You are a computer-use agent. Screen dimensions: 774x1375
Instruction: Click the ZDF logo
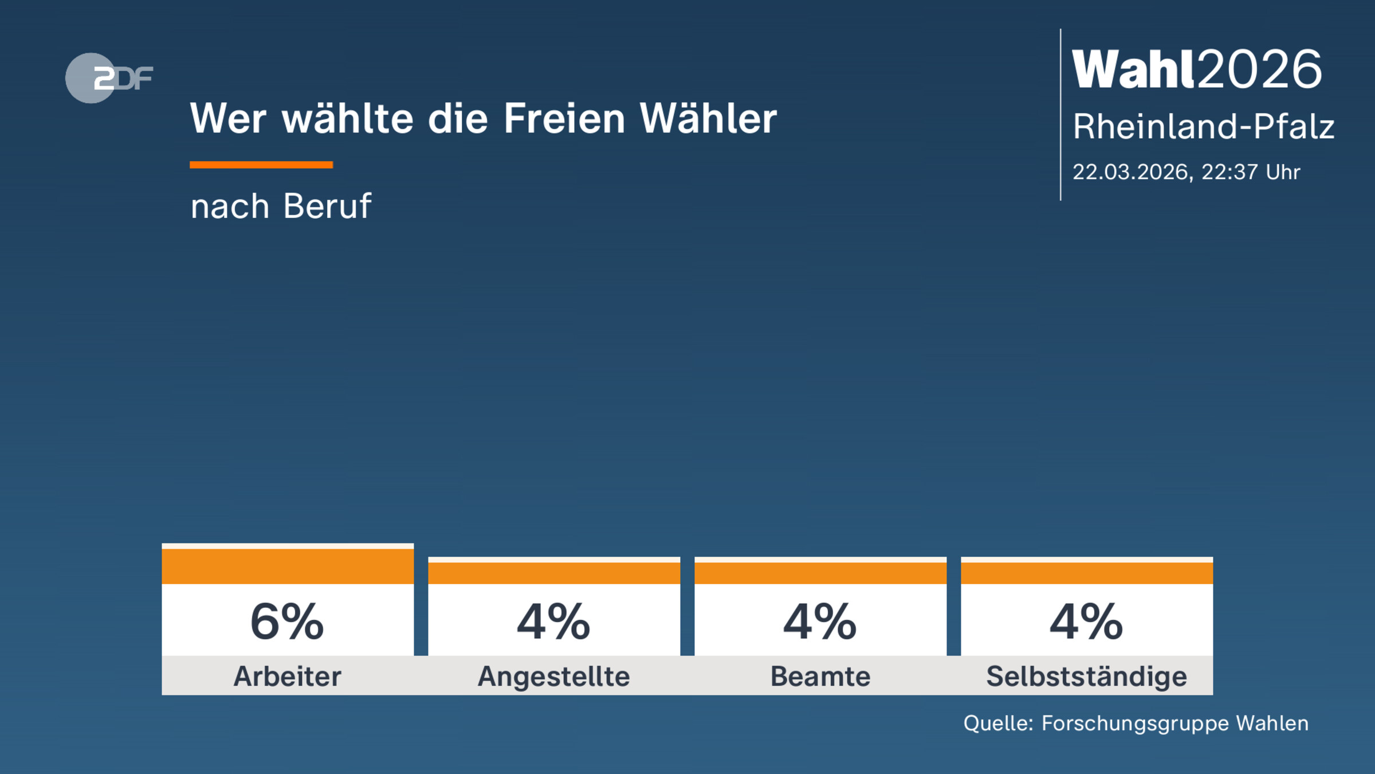pos(109,78)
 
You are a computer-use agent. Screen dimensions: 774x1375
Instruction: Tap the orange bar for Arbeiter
pos(288,566)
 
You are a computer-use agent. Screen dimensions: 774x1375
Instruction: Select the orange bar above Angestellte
pos(554,572)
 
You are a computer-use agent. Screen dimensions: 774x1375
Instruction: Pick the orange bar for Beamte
pos(820,572)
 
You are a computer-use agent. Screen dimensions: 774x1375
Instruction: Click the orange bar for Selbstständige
pos(1087,572)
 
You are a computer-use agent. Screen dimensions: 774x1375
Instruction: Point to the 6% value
pos(287,622)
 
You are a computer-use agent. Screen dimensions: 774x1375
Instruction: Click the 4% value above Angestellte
pos(553,622)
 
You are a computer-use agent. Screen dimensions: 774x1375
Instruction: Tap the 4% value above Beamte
pos(820,622)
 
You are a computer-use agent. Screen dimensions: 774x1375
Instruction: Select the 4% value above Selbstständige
pos(1086,622)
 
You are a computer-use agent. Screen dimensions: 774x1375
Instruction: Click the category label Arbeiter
pos(287,677)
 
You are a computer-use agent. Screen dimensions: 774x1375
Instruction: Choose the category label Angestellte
pos(554,677)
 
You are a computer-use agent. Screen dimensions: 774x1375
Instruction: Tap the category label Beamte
pos(820,677)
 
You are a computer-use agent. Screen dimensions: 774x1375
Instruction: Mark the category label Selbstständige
pos(1087,677)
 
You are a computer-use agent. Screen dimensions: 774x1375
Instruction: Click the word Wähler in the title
pos(708,119)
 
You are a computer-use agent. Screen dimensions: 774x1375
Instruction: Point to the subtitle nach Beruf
pos(281,206)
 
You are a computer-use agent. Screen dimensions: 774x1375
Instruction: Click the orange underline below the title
pos(261,165)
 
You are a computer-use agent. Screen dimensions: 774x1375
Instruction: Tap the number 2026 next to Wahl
pos(1260,70)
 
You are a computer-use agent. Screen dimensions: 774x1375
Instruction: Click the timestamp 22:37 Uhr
pos(1251,172)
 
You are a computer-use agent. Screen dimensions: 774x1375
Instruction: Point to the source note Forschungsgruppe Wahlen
pos(1174,724)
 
